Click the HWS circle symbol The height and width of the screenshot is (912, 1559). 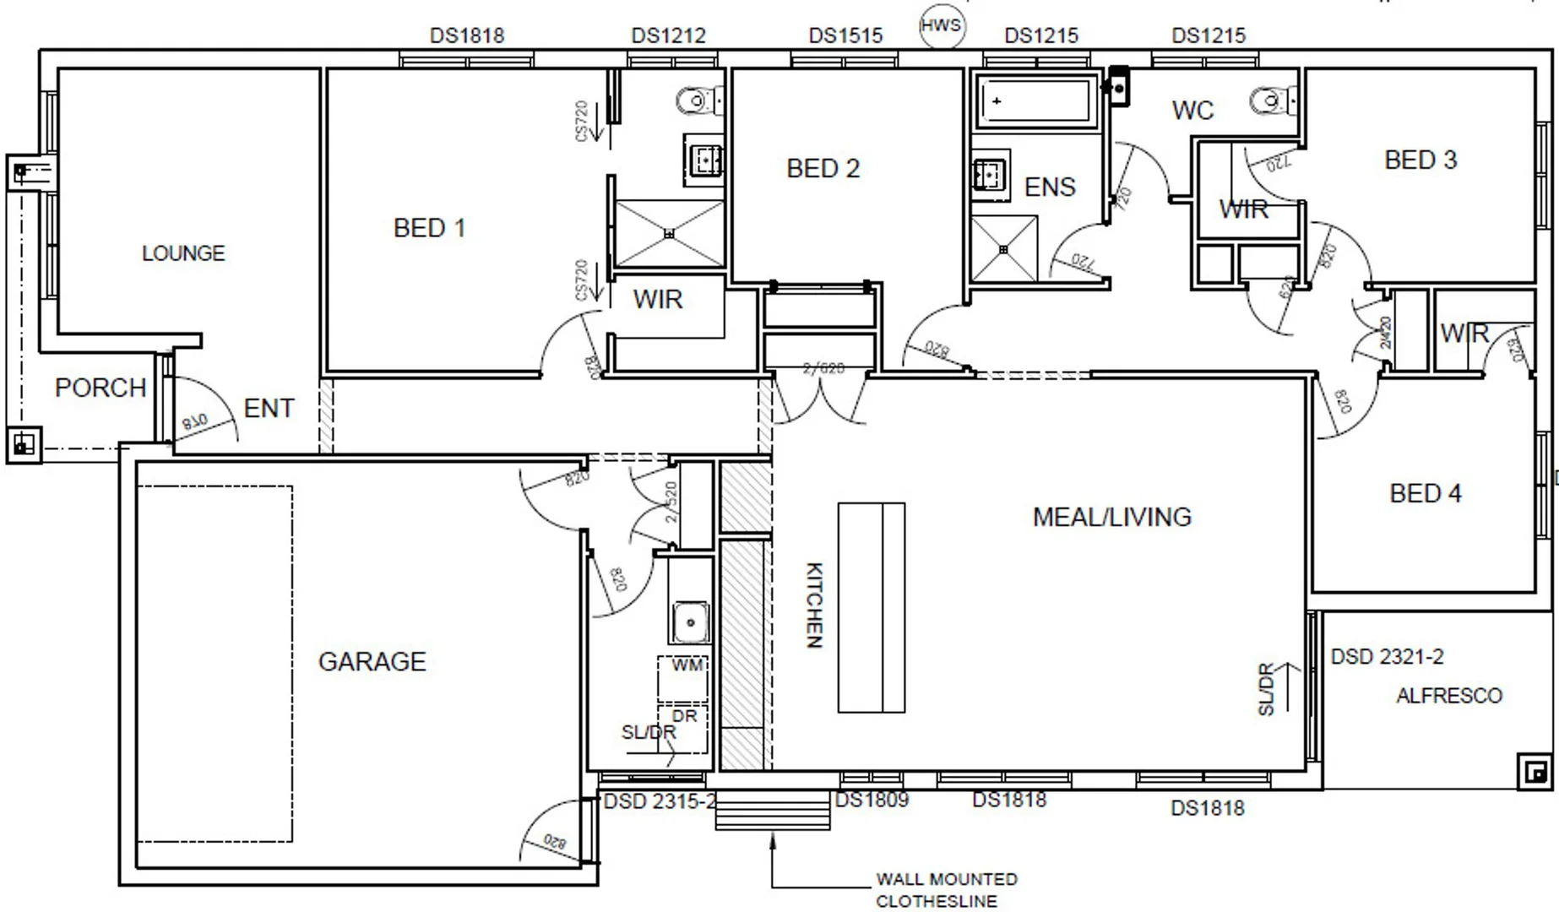pyautogui.click(x=941, y=25)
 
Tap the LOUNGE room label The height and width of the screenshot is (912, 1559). pyautogui.click(x=183, y=253)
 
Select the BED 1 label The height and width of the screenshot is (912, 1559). pyautogui.click(x=429, y=228)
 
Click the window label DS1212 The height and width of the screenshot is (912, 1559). pyautogui.click(x=668, y=35)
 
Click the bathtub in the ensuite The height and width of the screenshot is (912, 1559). pyautogui.click(x=1035, y=100)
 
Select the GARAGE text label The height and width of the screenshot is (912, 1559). pyautogui.click(x=372, y=661)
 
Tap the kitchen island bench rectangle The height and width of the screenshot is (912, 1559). pyautogui.click(x=871, y=607)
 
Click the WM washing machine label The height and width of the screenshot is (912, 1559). pyautogui.click(x=687, y=665)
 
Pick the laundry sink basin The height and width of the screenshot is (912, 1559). pyautogui.click(x=690, y=622)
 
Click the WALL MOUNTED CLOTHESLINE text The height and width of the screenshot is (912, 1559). pyautogui.click(x=945, y=890)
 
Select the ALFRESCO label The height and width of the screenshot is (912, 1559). pyautogui.click(x=1449, y=696)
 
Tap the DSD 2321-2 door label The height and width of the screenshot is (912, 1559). pyautogui.click(x=1387, y=657)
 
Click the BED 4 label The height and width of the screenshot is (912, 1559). pyautogui.click(x=1426, y=493)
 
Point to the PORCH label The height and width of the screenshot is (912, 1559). pyautogui.click(x=100, y=388)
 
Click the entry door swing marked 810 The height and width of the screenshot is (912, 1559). pyautogui.click(x=203, y=414)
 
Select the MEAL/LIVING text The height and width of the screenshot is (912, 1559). pyautogui.click(x=1111, y=517)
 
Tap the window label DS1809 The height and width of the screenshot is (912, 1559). pyautogui.click(x=872, y=800)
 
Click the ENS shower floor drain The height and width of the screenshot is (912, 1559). pyautogui.click(x=1003, y=249)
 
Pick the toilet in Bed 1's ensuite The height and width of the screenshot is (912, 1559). pyautogui.click(x=700, y=101)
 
